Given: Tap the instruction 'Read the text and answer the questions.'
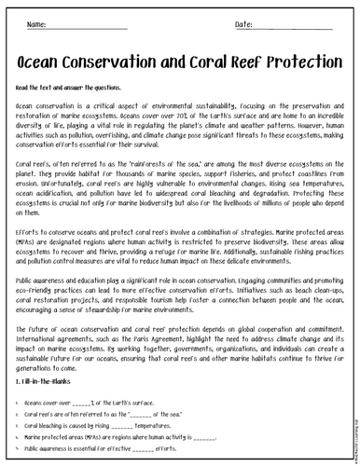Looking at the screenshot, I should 69,86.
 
